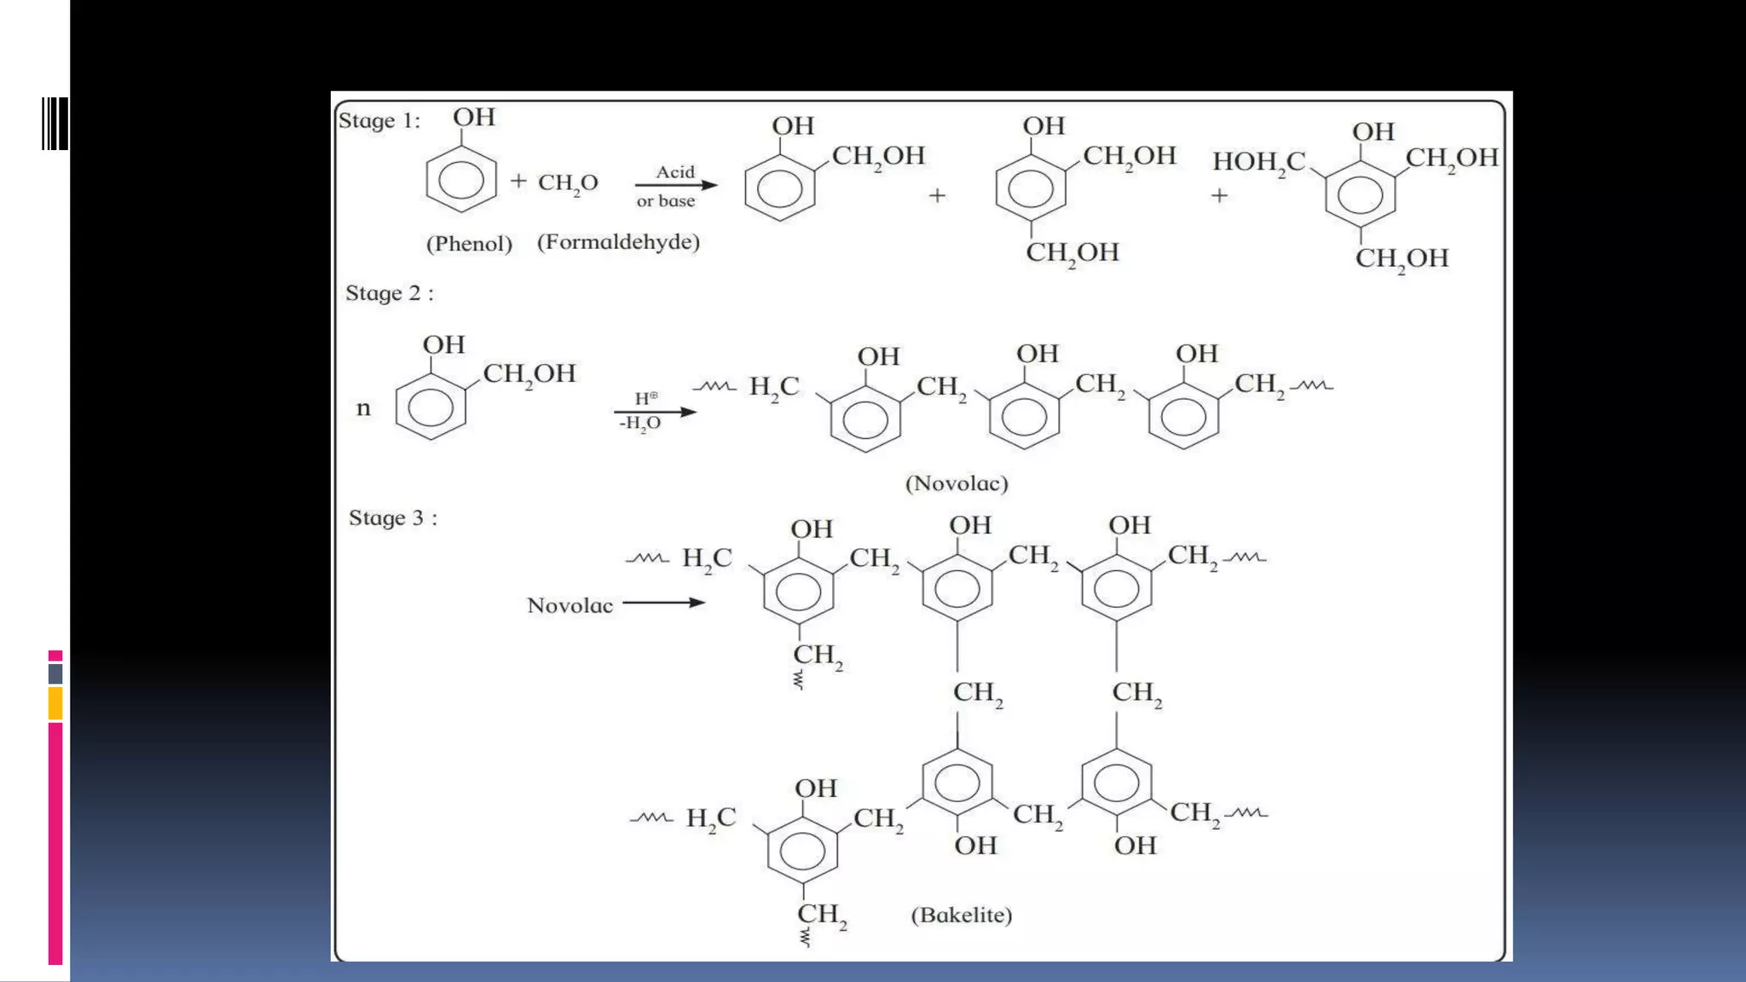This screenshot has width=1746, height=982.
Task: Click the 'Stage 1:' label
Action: pyautogui.click(x=379, y=120)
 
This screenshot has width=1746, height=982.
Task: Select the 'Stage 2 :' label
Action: pyautogui.click(x=390, y=293)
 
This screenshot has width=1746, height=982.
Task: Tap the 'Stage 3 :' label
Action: pyautogui.click(x=393, y=518)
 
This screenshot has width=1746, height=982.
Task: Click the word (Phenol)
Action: pyautogui.click(x=469, y=244)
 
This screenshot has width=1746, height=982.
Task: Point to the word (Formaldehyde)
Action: pyautogui.click(x=618, y=242)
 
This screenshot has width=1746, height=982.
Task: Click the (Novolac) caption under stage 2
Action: pyautogui.click(x=957, y=483)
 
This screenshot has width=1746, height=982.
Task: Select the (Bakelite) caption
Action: pyautogui.click(x=962, y=915)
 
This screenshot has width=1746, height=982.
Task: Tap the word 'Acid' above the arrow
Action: pyautogui.click(x=675, y=172)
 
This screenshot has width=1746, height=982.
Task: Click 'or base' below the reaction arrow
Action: pyautogui.click(x=666, y=201)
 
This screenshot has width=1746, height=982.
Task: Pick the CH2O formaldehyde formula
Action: pyautogui.click(x=568, y=183)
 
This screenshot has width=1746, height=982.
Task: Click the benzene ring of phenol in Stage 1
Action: pyautogui.click(x=460, y=180)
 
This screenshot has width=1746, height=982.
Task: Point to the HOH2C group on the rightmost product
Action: pyautogui.click(x=1259, y=162)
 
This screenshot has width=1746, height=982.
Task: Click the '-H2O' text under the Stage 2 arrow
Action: pyautogui.click(x=639, y=424)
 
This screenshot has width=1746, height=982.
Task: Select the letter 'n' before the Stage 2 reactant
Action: pyautogui.click(x=364, y=408)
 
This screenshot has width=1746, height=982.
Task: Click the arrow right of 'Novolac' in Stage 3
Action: pyautogui.click(x=664, y=603)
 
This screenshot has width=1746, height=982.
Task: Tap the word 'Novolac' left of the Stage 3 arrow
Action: pyautogui.click(x=569, y=606)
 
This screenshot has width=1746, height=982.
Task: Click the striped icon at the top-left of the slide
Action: pyautogui.click(x=55, y=124)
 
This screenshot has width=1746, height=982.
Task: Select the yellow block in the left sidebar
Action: pyautogui.click(x=55, y=704)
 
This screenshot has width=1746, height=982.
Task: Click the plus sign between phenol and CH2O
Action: pyautogui.click(x=518, y=181)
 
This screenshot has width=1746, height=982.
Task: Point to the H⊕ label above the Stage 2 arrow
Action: pyautogui.click(x=646, y=398)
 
